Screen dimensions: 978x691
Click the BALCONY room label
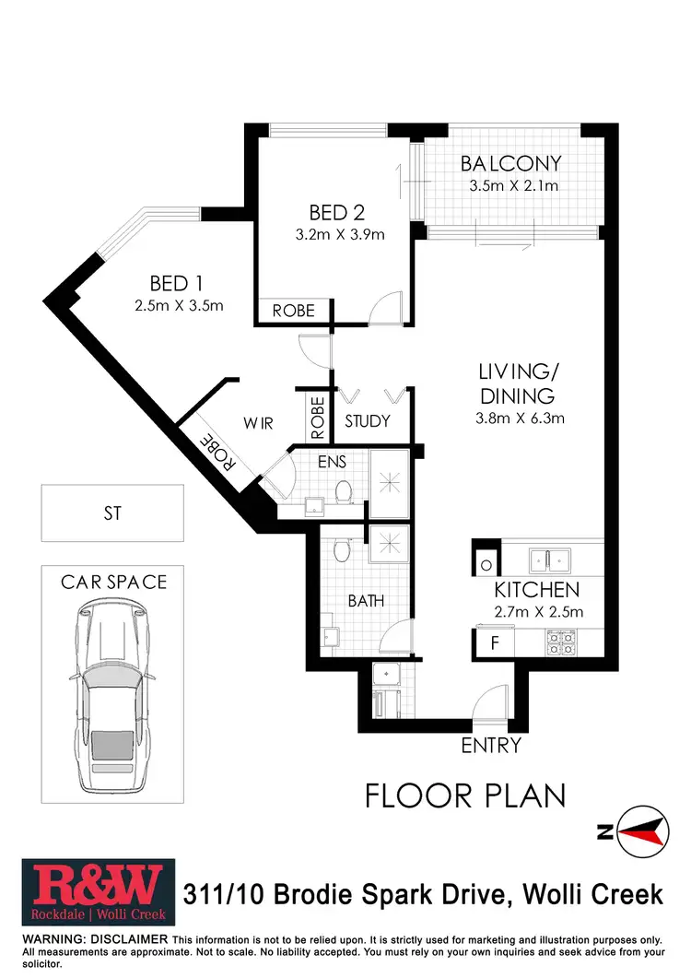tap(510, 164)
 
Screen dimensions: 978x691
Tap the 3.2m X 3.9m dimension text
tap(340, 234)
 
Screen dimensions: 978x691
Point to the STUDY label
tap(368, 421)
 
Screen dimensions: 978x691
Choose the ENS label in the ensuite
tap(332, 461)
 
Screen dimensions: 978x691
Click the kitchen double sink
tap(549, 558)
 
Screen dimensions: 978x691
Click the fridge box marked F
tap(495, 642)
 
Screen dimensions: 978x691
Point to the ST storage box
tap(111, 513)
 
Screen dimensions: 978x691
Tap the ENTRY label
tap(491, 746)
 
